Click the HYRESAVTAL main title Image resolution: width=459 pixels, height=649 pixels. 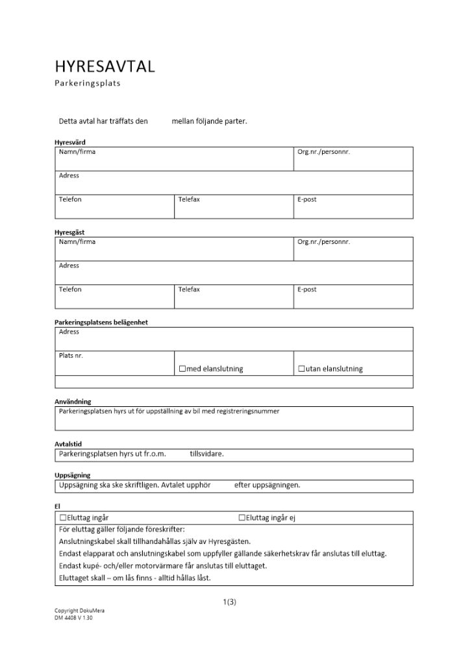(105, 66)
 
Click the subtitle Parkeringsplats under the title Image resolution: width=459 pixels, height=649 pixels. (87, 83)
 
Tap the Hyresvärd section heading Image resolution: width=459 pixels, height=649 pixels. (69, 142)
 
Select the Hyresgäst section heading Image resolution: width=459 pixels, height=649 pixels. (69, 232)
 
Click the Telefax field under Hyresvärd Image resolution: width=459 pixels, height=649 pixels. (234, 206)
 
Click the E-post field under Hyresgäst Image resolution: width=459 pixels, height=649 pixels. (353, 296)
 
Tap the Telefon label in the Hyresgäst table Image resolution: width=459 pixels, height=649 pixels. (70, 289)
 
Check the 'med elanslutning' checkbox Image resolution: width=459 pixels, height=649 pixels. (182, 369)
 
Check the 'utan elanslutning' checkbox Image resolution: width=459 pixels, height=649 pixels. (301, 369)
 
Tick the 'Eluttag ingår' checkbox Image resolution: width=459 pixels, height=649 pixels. (63, 518)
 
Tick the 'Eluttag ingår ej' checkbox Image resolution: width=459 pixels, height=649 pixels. (242, 518)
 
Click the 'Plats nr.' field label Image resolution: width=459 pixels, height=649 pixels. (71, 356)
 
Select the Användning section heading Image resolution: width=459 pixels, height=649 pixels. (73, 402)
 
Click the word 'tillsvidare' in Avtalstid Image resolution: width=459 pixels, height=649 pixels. (206, 454)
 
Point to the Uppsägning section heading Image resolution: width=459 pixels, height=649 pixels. (72, 475)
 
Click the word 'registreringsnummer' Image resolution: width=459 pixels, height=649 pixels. (249, 411)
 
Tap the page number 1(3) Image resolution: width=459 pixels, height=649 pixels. (229, 602)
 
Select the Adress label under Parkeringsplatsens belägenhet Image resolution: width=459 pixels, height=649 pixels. (69, 332)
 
